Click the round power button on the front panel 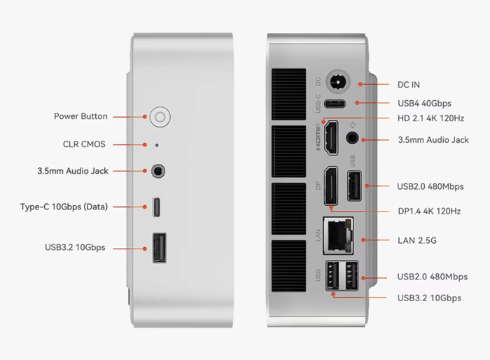point(159,116)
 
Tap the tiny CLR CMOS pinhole point(157,145)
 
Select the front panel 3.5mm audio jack point(159,170)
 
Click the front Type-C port point(158,207)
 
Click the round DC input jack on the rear point(339,83)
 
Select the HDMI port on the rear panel point(330,137)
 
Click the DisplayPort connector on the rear point(330,187)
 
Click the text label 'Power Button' point(80,116)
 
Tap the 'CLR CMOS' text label point(84,144)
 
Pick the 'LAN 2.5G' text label point(417,240)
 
